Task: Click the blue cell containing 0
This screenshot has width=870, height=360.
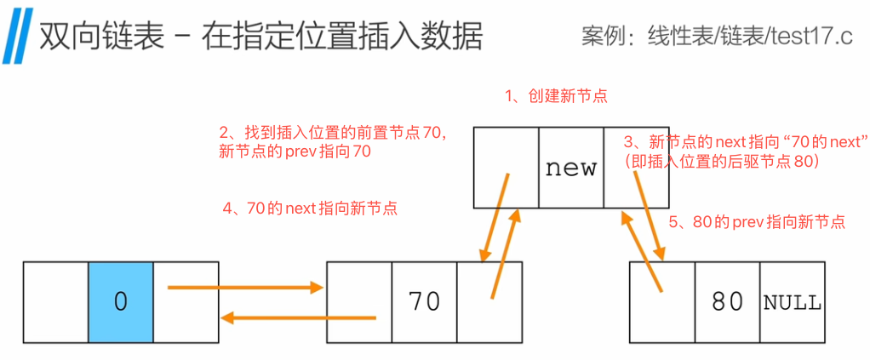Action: coord(120,303)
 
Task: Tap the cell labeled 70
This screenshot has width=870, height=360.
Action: coord(424,303)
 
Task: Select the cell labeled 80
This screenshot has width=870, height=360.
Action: coord(727,303)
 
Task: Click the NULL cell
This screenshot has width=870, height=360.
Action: coord(792,303)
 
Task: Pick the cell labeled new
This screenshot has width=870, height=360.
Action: coord(570,168)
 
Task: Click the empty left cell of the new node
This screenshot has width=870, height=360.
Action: coord(506,168)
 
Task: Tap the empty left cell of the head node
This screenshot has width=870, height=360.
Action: coord(55,303)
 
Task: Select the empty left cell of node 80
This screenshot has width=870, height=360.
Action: coord(662,303)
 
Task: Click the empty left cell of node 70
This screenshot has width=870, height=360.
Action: coord(358,303)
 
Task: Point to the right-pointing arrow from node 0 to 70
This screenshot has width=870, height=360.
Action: coord(245,288)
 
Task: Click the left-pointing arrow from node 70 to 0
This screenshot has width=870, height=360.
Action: coord(298,318)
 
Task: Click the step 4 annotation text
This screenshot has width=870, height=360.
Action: coord(308,207)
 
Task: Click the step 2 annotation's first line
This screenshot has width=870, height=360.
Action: coord(333,133)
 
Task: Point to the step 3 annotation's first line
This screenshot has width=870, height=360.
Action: coord(745,140)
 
